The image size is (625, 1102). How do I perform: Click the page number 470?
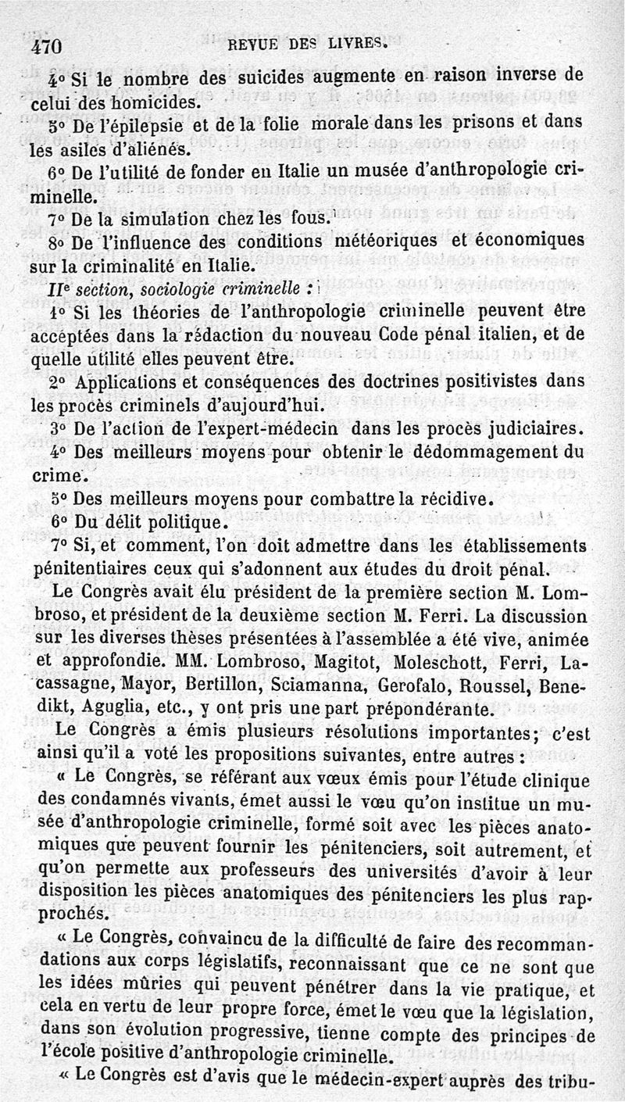point(47,46)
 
